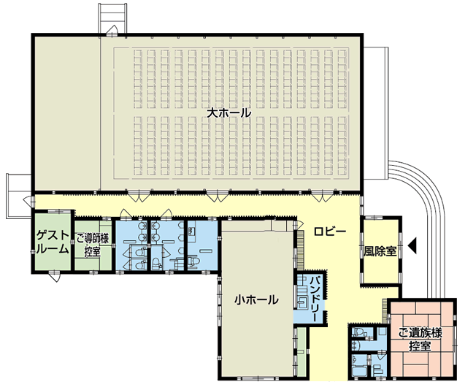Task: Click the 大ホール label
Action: pyautogui.click(x=228, y=112)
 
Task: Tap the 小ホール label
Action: pyautogui.click(x=256, y=299)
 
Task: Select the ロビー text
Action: pyautogui.click(x=330, y=232)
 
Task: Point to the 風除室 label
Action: pyautogui.click(x=380, y=251)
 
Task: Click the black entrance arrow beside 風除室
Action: pyautogui.click(x=412, y=245)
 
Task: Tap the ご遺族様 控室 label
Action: pyautogui.click(x=420, y=340)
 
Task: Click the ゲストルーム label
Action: pyautogui.click(x=53, y=242)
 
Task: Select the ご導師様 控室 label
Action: pyautogui.click(x=93, y=245)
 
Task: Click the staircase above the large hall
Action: pyautogui.click(x=112, y=18)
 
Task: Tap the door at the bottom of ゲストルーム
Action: pyautogui.click(x=55, y=277)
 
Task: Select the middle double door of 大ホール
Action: pyautogui.click(x=218, y=196)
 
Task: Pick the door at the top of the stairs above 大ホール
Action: pyautogui.click(x=112, y=31)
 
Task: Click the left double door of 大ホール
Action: pyautogui.click(x=139, y=196)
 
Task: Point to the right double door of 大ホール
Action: pyautogui.click(x=322, y=196)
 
